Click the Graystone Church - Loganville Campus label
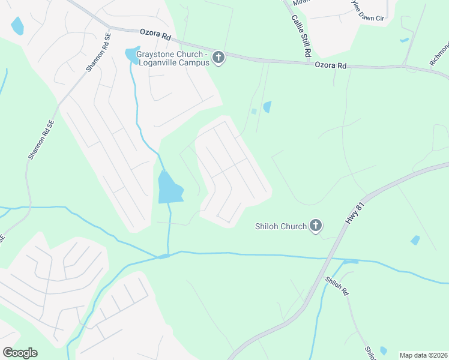coord(172,58)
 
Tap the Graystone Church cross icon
coord(218,58)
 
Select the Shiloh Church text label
coord(281,226)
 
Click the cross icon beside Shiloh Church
coord(316,226)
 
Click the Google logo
coord(20,353)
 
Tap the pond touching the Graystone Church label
coord(131,54)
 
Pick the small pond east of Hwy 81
coord(415,240)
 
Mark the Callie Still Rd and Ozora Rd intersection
coord(309,61)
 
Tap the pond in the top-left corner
coord(17,26)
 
